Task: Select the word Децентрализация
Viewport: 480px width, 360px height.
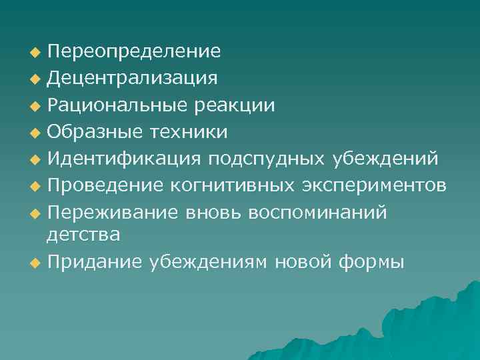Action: (131, 78)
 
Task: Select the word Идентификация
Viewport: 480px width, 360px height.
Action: (123, 160)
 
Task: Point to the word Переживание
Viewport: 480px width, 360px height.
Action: (111, 212)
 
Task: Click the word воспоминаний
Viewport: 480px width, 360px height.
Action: (316, 212)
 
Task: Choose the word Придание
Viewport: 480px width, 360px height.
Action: (94, 262)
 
